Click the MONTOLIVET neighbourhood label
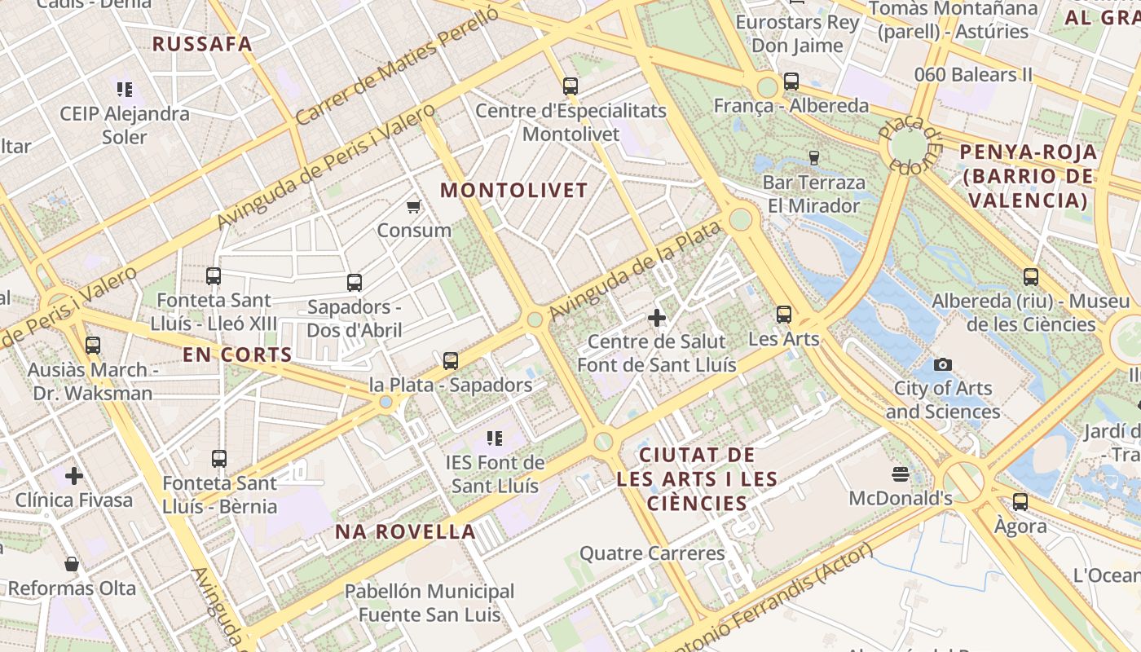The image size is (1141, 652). [513, 191]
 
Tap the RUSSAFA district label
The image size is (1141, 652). [202, 44]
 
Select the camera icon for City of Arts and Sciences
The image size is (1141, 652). [943, 364]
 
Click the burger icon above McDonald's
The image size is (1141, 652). [901, 474]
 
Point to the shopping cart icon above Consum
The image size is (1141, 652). [413, 206]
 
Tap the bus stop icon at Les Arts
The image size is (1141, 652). [784, 314]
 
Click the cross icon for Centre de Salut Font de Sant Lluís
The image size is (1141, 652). [656, 318]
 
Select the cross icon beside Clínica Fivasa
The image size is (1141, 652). [74, 475]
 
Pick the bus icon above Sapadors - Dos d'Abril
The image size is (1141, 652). [355, 283]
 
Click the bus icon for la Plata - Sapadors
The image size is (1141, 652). [451, 360]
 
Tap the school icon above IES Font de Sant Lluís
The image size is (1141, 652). [494, 438]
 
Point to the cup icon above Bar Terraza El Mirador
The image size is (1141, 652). [813, 157]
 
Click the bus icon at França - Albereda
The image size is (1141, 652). [791, 81]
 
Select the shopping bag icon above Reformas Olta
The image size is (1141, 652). [72, 563]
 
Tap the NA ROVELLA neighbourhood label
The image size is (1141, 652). [405, 532]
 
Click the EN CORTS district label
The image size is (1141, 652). [237, 355]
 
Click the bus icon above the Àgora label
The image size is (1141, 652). [1020, 501]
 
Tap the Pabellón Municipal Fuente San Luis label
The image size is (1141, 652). [430, 602]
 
